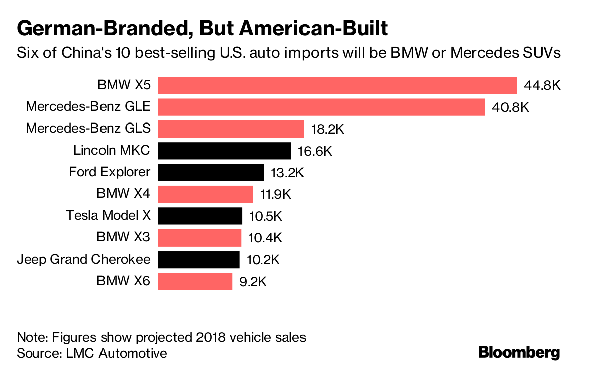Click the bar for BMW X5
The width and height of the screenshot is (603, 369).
tap(337, 85)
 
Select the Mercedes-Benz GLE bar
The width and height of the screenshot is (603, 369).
tap(322, 107)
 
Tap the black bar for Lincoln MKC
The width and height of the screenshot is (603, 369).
tap(225, 151)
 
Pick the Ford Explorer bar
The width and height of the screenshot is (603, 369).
tap(211, 172)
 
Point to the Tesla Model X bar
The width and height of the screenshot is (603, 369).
tap(200, 216)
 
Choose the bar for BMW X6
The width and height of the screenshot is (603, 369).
tap(195, 281)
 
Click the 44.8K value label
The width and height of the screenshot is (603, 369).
tap(542, 85)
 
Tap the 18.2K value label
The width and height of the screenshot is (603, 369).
tap(327, 129)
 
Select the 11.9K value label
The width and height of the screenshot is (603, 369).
tap(275, 194)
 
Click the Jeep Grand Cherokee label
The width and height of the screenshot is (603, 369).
tap(83, 260)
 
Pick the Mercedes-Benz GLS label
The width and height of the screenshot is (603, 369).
tap(88, 129)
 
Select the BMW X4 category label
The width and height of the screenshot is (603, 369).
tap(123, 194)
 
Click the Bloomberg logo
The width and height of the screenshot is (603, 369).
tap(519, 352)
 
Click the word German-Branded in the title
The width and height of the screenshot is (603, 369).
tap(102, 29)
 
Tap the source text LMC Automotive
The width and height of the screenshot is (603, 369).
tap(116, 353)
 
